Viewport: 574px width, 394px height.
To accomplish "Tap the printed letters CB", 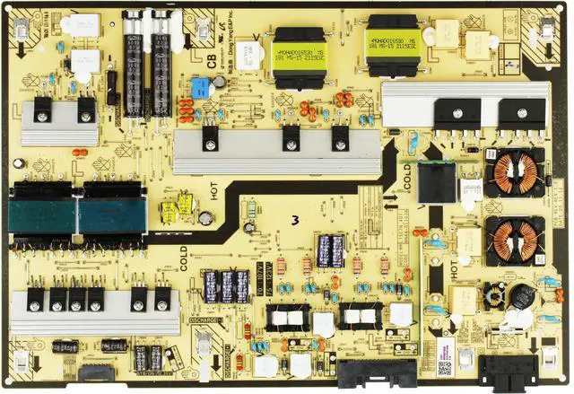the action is [213, 61].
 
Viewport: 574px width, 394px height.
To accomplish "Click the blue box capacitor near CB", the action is [199, 88].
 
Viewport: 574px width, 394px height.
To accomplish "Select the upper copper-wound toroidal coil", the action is [514, 172].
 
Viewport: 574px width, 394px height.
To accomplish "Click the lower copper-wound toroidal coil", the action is [515, 240].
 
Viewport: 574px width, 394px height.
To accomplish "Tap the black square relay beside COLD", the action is [438, 183].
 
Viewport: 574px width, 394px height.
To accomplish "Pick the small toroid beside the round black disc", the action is [492, 294].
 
